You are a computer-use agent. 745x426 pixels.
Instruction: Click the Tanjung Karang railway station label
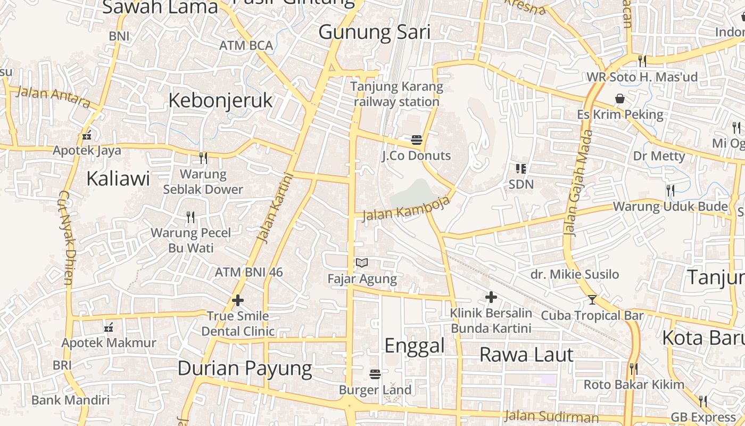[x=396, y=94]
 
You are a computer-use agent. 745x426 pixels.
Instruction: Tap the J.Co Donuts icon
[x=417, y=141]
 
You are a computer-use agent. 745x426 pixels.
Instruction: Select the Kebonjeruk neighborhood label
[x=220, y=100]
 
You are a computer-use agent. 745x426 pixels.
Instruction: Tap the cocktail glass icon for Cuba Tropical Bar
[x=592, y=300]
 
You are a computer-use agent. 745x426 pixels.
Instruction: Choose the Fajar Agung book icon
[x=362, y=263]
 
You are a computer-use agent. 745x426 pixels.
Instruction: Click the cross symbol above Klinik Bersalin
[x=491, y=297]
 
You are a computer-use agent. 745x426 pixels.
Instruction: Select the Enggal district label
[x=414, y=346]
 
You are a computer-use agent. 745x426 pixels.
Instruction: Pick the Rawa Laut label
[x=526, y=355]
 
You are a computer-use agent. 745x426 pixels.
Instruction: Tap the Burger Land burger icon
[x=375, y=374]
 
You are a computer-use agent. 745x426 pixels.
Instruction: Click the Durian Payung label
[x=245, y=368]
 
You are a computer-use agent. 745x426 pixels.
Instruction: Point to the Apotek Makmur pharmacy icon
[x=109, y=327]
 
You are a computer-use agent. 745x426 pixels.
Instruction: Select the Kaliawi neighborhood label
[x=118, y=178]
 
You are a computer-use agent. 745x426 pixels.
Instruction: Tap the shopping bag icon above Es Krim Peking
[x=620, y=99]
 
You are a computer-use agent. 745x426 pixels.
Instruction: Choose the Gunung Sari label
[x=374, y=32]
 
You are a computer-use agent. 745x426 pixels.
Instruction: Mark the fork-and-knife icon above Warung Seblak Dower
[x=203, y=158]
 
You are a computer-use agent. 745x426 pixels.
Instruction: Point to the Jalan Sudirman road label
[x=551, y=416]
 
